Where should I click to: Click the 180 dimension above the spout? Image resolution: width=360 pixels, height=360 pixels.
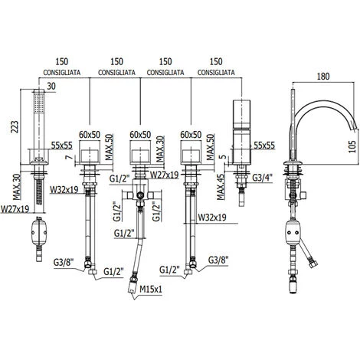coord(323,77)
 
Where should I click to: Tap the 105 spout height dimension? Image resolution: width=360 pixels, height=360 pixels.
coord(352,146)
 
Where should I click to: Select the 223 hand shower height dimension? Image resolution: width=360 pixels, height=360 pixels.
coord(15,127)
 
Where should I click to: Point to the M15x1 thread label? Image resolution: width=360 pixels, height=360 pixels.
coord(151,290)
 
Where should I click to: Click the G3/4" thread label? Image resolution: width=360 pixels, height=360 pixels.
coord(263,178)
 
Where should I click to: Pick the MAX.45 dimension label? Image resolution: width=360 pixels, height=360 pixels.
coord(221,187)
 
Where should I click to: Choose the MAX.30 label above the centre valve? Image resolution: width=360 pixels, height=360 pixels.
coord(160,149)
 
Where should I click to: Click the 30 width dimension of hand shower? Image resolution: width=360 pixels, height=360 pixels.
coord(51,87)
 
